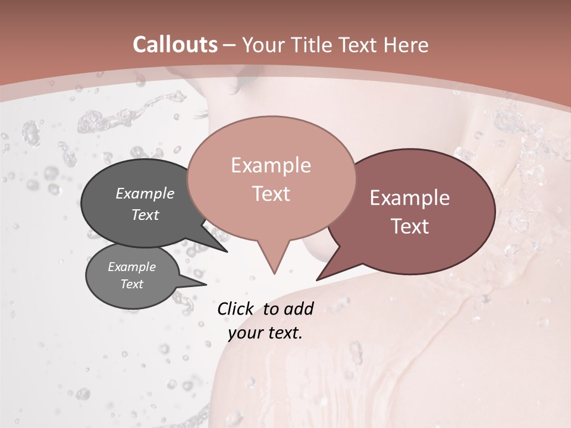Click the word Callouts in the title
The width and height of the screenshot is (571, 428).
click(x=175, y=45)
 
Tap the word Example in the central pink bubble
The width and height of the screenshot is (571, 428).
click(x=271, y=165)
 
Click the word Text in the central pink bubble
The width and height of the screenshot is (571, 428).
click(x=271, y=194)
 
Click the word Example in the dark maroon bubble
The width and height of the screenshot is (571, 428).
click(x=410, y=198)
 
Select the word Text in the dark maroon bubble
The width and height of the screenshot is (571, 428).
click(x=410, y=226)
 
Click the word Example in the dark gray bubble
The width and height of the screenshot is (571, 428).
click(x=145, y=194)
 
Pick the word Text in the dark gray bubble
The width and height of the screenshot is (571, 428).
click(x=145, y=215)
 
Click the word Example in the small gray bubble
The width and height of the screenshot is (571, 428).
click(x=131, y=267)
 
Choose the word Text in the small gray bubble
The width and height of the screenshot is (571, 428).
click(x=131, y=284)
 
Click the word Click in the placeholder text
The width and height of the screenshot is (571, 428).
click(x=236, y=309)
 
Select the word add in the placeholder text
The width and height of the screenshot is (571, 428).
click(x=299, y=309)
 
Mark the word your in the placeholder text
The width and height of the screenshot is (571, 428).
click(x=245, y=333)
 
